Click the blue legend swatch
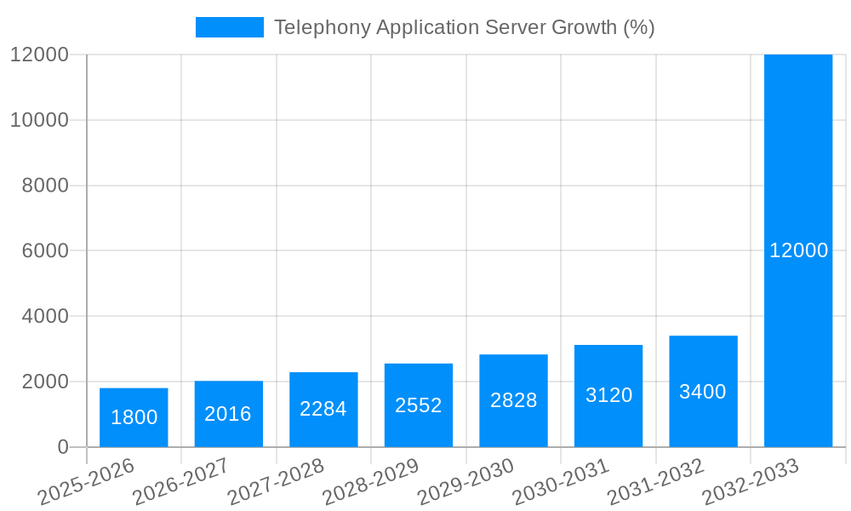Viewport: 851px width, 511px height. (229, 27)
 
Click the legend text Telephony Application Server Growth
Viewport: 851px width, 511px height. (464, 27)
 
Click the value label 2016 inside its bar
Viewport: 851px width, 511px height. (228, 414)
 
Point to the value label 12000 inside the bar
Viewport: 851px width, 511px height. (798, 250)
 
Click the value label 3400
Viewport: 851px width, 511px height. (703, 392)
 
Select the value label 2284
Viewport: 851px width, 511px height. (323, 409)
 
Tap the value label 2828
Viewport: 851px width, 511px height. (513, 400)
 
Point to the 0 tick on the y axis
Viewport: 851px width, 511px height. (62, 447)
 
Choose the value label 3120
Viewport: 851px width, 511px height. (608, 395)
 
